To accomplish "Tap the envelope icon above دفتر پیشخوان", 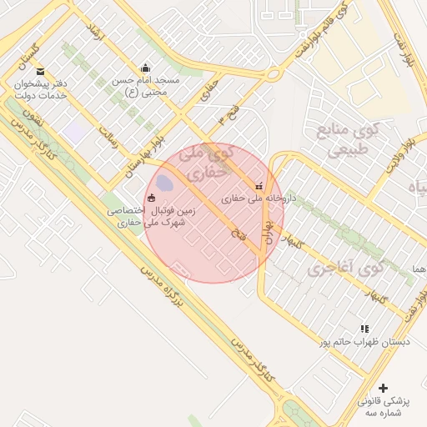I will (x=41, y=71).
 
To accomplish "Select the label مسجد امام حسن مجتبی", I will (x=147, y=87).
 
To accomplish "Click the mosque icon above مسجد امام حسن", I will (x=147, y=68).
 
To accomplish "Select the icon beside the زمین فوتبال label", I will (x=151, y=198).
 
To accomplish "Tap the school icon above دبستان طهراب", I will (x=364, y=329).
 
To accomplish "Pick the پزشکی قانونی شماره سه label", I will (x=383, y=407).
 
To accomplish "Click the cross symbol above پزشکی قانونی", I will (x=383, y=388).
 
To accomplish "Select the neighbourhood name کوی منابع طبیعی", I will (x=348, y=140).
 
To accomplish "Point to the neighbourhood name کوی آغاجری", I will (x=345, y=268).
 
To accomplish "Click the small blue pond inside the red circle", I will (x=164, y=182).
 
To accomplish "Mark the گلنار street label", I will (x=292, y=242).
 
